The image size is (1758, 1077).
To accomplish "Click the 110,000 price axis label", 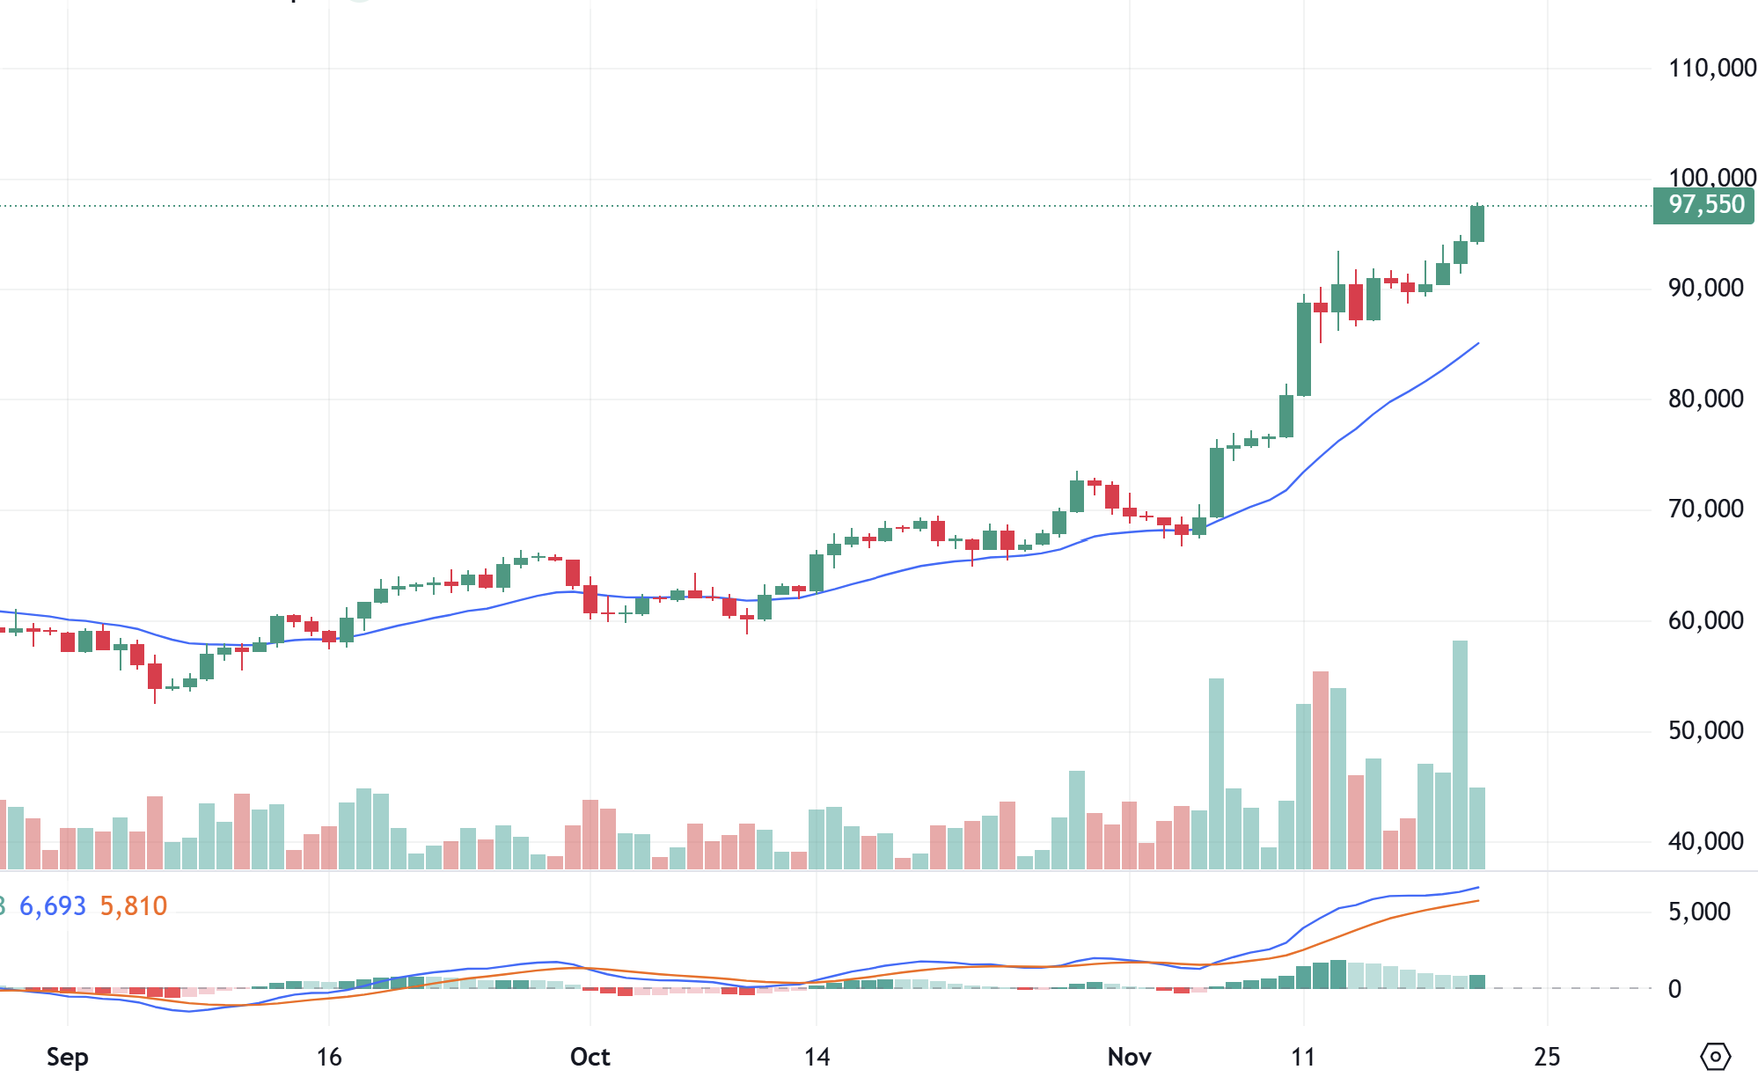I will [1711, 68].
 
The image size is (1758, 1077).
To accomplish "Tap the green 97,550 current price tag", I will [1704, 205].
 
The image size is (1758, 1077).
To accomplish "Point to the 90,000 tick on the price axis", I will [1705, 289].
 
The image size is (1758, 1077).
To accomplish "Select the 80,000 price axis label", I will [1705, 399].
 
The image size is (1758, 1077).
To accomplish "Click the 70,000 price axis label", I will [1705, 509].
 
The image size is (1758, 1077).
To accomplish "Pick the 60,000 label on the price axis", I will [1705, 621].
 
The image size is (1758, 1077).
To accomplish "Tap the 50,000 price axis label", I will [1705, 731].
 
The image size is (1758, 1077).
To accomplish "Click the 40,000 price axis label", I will [1705, 842].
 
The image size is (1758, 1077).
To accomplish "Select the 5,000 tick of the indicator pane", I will [1699, 912].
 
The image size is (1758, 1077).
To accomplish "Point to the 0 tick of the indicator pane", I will [1674, 989].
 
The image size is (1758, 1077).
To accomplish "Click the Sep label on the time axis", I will [67, 1057].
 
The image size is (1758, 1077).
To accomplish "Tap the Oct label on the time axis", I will [590, 1057].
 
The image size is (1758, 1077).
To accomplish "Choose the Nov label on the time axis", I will [1129, 1057].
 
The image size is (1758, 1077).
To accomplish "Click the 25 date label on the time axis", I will [1547, 1057].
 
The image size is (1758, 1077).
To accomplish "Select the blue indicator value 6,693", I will [53, 906].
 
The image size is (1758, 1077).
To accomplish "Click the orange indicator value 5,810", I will [133, 906].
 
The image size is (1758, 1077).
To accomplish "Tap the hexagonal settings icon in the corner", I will [1716, 1056].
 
